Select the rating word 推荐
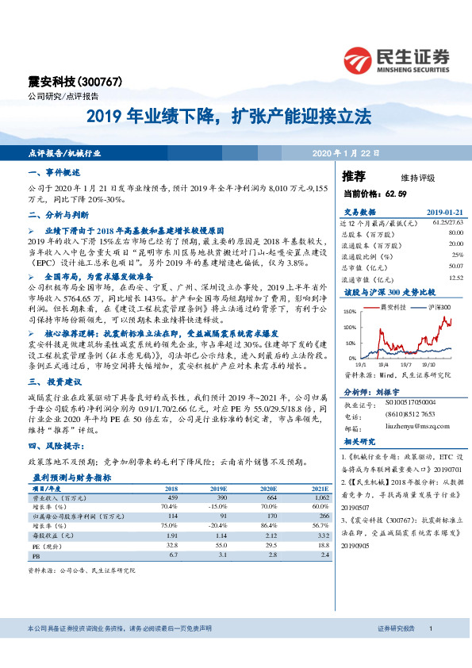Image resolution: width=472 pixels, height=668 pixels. click(x=355, y=176)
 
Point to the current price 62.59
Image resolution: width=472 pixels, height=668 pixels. click(x=394, y=194)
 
